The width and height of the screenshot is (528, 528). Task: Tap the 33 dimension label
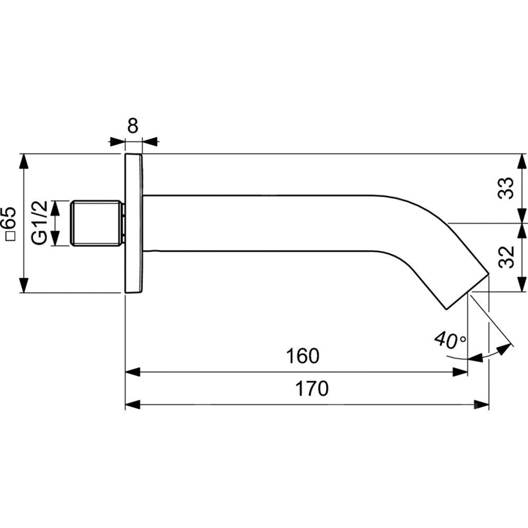506,187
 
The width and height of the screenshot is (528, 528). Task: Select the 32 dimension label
506,257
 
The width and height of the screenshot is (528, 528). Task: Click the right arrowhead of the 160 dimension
461,372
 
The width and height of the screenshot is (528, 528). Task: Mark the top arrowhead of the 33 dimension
522,161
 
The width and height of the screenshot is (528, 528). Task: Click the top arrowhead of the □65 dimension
24,161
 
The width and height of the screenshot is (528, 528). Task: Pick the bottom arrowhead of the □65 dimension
24,286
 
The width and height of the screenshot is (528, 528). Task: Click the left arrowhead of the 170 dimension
131,404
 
